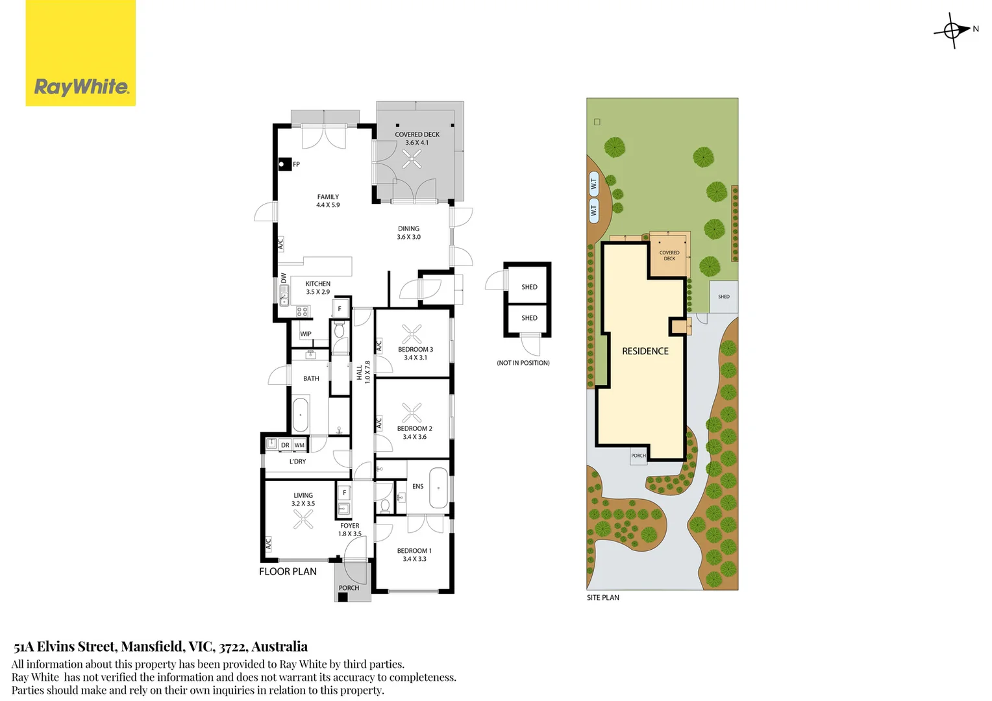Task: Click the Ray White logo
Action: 81,53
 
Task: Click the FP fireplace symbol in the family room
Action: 285,164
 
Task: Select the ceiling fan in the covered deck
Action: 412,158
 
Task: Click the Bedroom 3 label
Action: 415,349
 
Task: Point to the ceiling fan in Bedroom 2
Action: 412,413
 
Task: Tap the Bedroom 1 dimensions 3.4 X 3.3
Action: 414,559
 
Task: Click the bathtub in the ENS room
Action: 438,487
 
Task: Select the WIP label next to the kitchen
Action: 306,334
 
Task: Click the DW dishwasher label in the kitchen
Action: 284,278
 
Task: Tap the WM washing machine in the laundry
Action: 299,445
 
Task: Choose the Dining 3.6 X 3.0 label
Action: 409,233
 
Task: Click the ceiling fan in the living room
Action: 303,519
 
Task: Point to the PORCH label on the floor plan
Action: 349,587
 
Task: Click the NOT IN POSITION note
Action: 523,363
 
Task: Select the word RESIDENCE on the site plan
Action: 645,351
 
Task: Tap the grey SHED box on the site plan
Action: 724,297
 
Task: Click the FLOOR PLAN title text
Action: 288,572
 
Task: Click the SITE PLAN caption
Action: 603,597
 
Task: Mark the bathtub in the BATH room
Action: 300,415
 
